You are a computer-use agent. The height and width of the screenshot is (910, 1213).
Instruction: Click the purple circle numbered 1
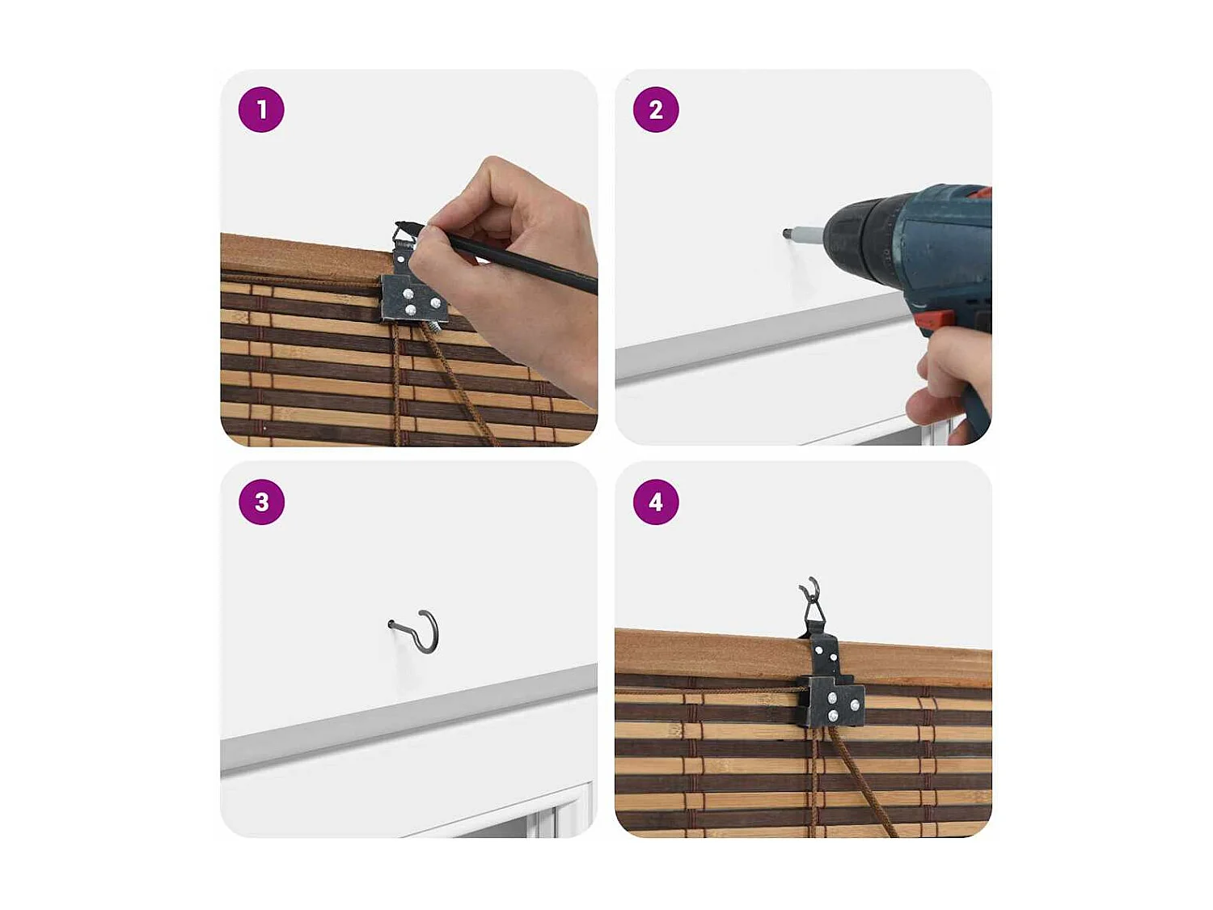coord(261,109)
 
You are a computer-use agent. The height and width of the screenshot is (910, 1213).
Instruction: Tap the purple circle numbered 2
coord(655,109)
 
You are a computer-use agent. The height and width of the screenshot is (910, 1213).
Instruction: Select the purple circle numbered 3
coord(261,502)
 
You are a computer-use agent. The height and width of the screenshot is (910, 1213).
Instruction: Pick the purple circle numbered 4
coord(655,502)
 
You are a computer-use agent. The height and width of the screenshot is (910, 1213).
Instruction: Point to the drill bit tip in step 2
coord(787,233)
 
